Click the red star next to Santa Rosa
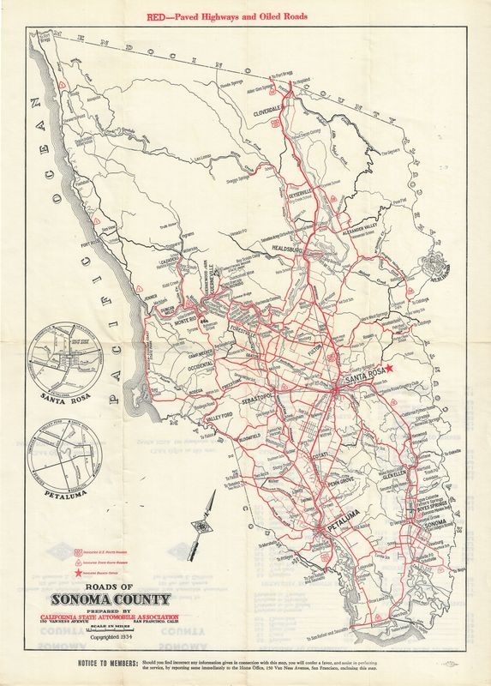coord(388,368)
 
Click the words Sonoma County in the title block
coord(112,599)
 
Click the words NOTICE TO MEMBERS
coord(95,665)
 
